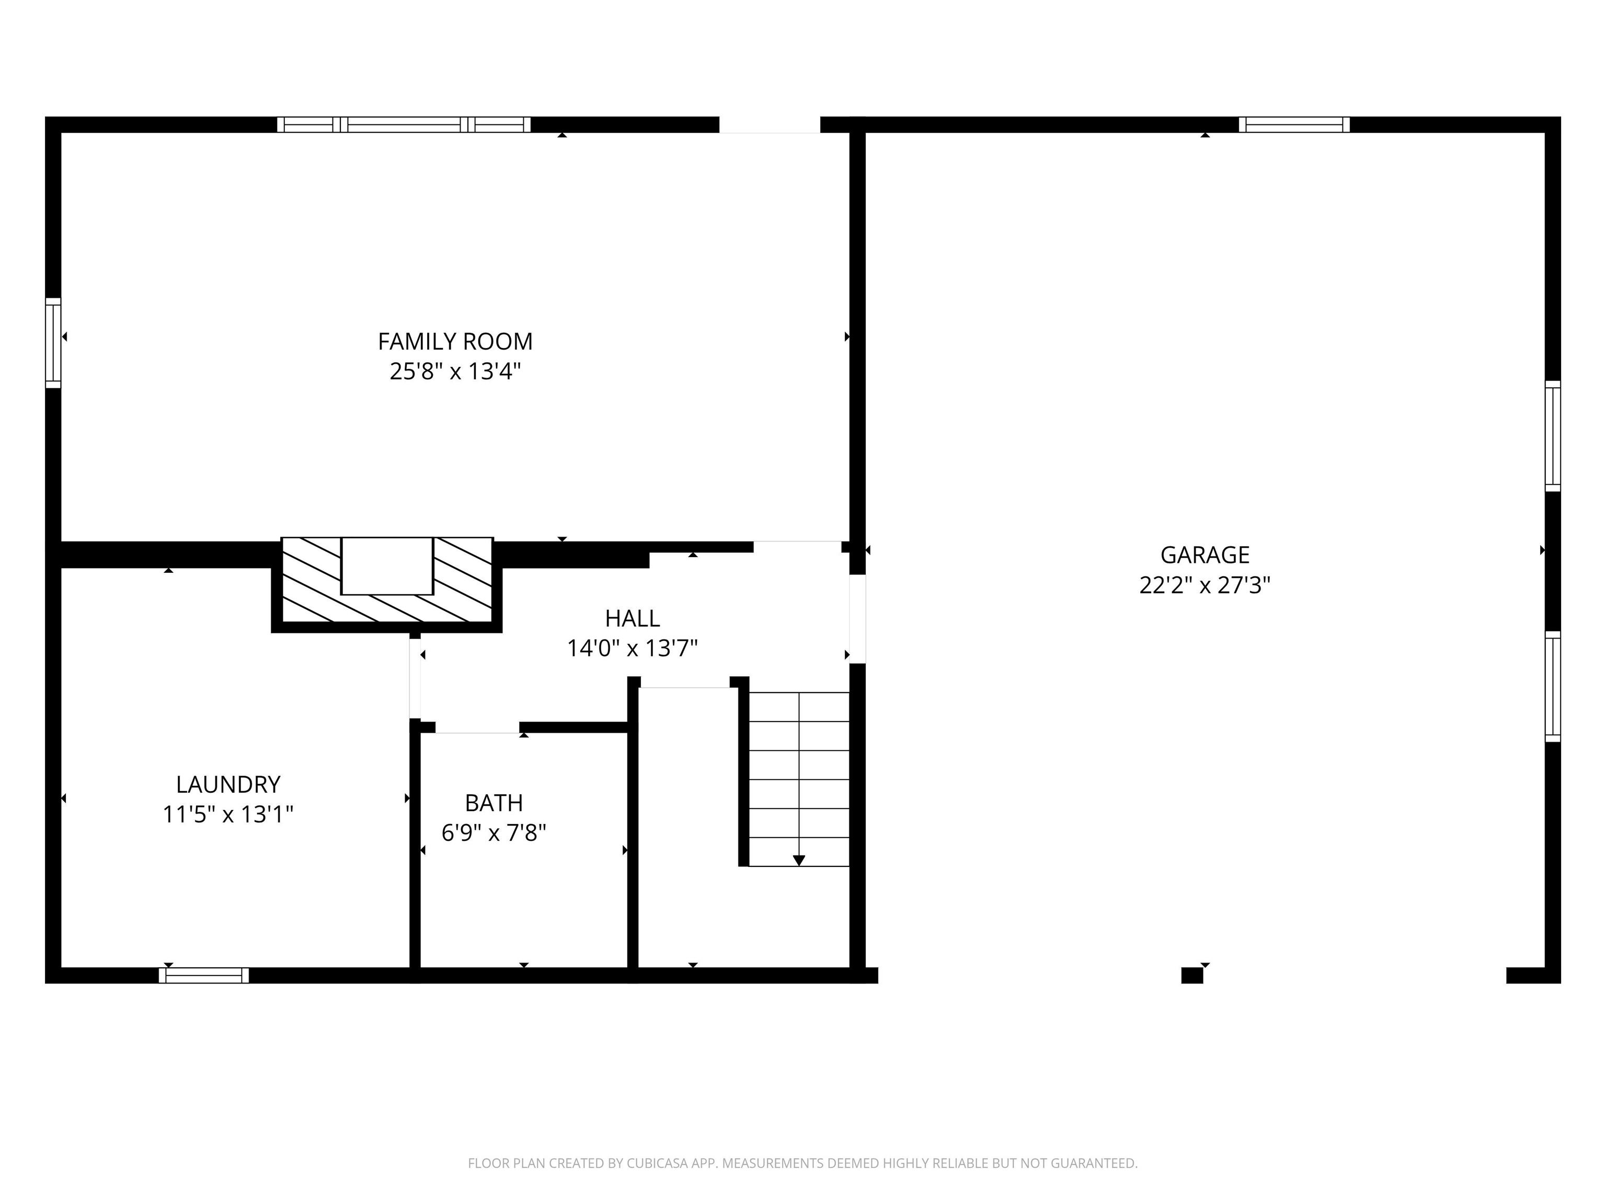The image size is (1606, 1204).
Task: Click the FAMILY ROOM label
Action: click(x=455, y=341)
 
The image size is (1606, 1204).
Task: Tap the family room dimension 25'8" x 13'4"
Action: click(x=455, y=372)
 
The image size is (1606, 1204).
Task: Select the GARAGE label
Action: click(x=1204, y=554)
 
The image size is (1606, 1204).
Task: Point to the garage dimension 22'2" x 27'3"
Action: click(x=1204, y=585)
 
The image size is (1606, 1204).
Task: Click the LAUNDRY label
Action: click(x=228, y=784)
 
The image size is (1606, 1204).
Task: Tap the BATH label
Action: click(x=494, y=803)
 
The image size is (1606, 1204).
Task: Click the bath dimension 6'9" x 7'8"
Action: click(x=494, y=832)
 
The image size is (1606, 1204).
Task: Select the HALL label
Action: click(x=633, y=618)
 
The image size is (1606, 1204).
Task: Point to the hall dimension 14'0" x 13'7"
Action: click(x=633, y=648)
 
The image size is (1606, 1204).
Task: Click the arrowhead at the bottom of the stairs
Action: click(x=799, y=860)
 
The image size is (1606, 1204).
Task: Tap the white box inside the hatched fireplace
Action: click(x=387, y=565)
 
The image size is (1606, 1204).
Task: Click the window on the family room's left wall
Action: click(x=53, y=343)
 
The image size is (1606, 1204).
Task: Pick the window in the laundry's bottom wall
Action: click(x=204, y=976)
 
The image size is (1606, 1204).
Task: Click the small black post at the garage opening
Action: click(x=1191, y=976)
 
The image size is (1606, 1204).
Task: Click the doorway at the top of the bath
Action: click(x=477, y=727)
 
